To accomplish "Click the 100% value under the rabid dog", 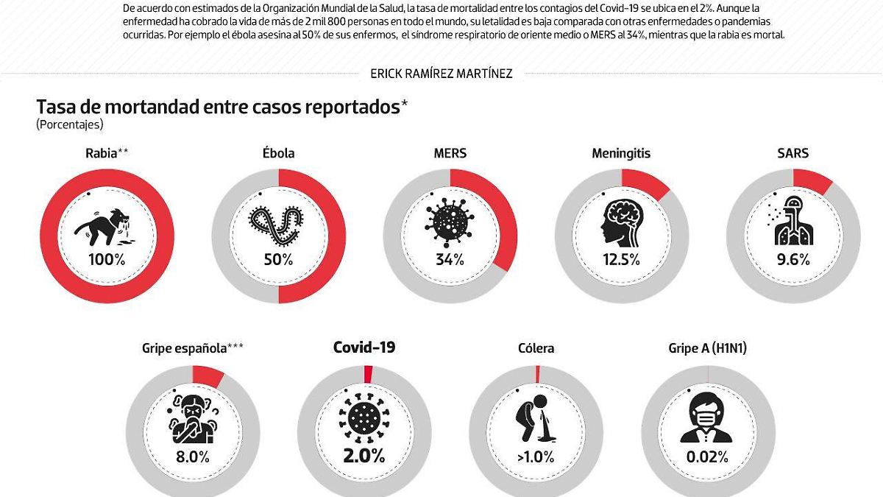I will click(x=107, y=259).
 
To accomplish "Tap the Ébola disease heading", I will click(x=278, y=153).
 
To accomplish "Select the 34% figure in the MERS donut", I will click(x=449, y=259).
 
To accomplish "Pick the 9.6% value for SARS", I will click(x=794, y=259).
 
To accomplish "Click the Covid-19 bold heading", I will click(x=364, y=348).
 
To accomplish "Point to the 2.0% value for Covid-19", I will click(x=364, y=456).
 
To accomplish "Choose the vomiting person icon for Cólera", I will click(x=536, y=420).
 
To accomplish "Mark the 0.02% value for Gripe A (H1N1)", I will click(x=707, y=457).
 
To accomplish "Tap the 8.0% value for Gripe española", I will click(x=193, y=457).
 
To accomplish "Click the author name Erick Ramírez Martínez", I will click(x=441, y=73).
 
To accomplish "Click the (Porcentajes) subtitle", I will click(x=70, y=125).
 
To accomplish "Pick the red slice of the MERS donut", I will click(x=494, y=221).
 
